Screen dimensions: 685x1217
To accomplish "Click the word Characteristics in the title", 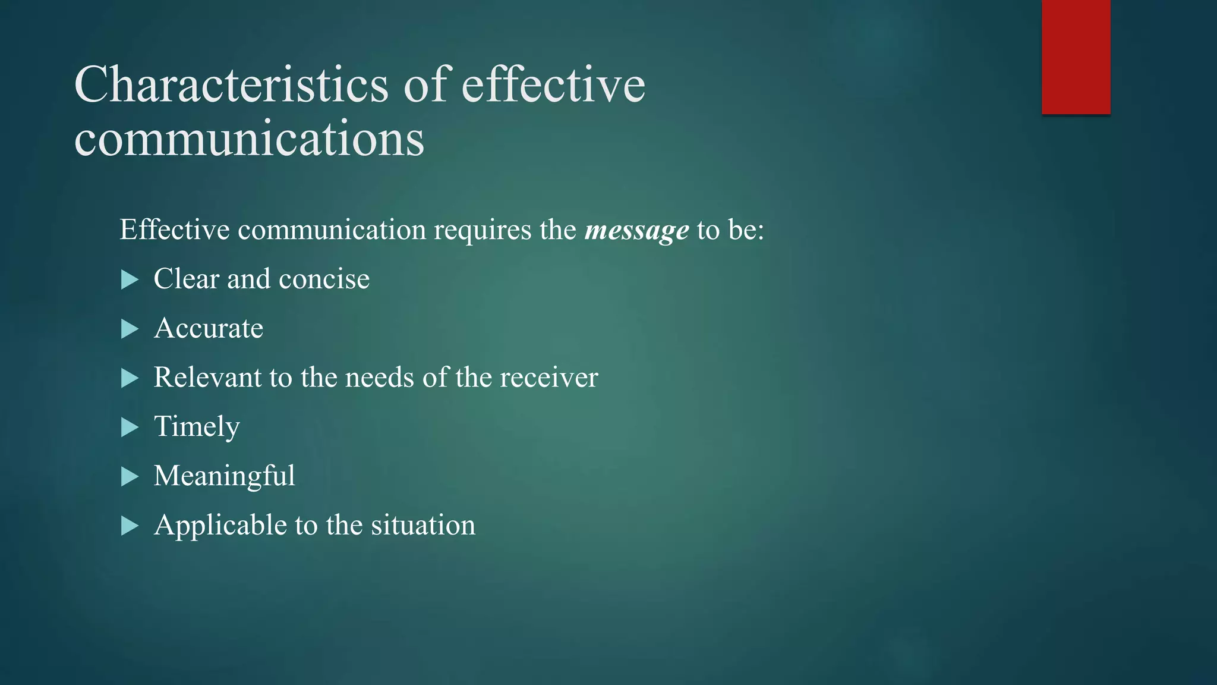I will coord(232,85).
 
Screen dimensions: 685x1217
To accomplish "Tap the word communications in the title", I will coord(250,139).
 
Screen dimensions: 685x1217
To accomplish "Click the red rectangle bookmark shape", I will coord(1076,56).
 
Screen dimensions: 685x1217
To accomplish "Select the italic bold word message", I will coord(636,230).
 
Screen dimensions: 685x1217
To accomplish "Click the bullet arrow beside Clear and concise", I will coord(130,279).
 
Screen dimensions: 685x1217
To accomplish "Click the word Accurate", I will coord(208,328).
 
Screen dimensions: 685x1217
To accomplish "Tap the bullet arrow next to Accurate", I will coord(130,329).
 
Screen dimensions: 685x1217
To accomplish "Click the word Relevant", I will coord(207,378).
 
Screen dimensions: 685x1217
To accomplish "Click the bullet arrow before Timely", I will coord(130,427).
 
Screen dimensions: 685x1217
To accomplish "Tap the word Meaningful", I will coord(224,476).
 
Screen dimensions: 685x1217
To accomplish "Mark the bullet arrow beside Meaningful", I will coord(130,476).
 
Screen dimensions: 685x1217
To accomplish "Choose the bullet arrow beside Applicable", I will coord(130,526).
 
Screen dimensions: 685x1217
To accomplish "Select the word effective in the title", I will coord(553,85).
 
